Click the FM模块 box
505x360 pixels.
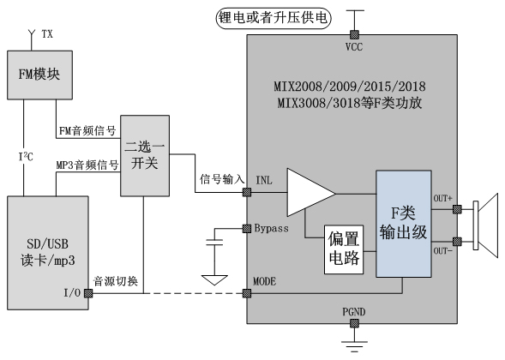pyautogui.click(x=39, y=75)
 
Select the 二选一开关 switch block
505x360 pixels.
pyautogui.click(x=145, y=155)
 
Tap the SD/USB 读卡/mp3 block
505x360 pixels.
pyautogui.click(x=48, y=253)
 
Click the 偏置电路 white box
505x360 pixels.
pyautogui.click(x=344, y=249)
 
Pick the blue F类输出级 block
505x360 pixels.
pyautogui.click(x=404, y=224)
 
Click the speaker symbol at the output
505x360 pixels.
pyautogui.click(x=485, y=225)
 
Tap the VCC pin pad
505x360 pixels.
pyautogui.click(x=354, y=34)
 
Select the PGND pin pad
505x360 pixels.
pyautogui.click(x=354, y=323)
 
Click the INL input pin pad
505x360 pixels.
pyautogui.click(x=247, y=192)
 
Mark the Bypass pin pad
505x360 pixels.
pyautogui.click(x=247, y=229)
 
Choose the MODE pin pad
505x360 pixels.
pyautogui.click(x=247, y=293)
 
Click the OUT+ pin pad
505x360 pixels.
pyautogui.click(x=457, y=209)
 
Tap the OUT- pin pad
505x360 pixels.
pyautogui.click(x=457, y=242)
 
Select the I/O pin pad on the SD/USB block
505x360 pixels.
pyautogui.click(x=88, y=293)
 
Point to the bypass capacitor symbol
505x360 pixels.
pyautogui.click(x=214, y=243)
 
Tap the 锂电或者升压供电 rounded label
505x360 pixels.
pyautogui.click(x=274, y=18)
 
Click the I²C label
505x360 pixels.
pyautogui.click(x=26, y=157)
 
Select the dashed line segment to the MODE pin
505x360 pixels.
pyautogui.click(x=193, y=293)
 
